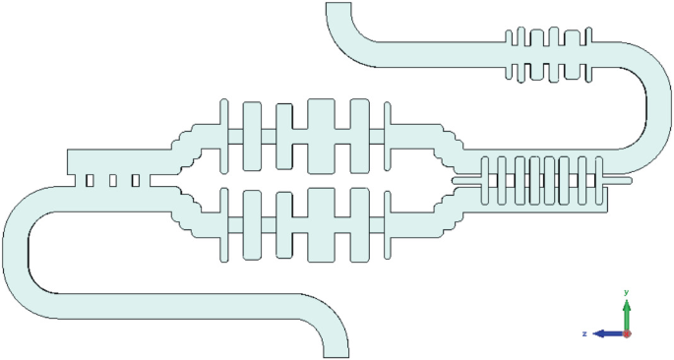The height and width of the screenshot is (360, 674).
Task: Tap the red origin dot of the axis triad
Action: [x=628, y=333]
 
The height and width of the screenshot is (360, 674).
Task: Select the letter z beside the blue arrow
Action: [x=584, y=333]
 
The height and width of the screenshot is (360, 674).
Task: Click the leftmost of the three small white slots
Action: [x=91, y=181]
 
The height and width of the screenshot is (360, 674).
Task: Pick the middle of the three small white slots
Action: [x=113, y=181]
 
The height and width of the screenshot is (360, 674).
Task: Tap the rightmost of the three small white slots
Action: [x=136, y=181]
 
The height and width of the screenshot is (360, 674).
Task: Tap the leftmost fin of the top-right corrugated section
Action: [x=510, y=55]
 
